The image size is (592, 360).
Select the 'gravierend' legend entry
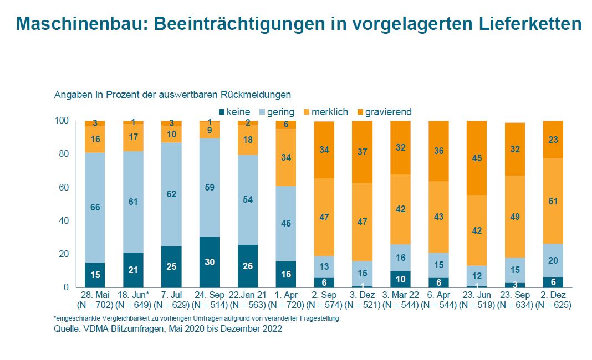click(x=388, y=112)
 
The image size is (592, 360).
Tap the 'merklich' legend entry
click(x=329, y=112)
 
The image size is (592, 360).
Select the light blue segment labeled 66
click(x=95, y=207)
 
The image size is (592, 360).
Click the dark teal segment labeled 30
click(x=210, y=262)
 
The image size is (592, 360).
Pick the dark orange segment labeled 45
click(x=477, y=158)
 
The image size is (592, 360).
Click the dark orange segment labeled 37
click(x=362, y=152)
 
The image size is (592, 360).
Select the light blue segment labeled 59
click(x=210, y=187)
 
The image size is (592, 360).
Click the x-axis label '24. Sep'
click(x=209, y=295)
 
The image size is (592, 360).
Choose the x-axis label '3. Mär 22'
click(x=400, y=295)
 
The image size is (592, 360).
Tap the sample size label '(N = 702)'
click(x=94, y=304)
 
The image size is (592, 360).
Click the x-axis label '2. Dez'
click(x=554, y=295)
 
